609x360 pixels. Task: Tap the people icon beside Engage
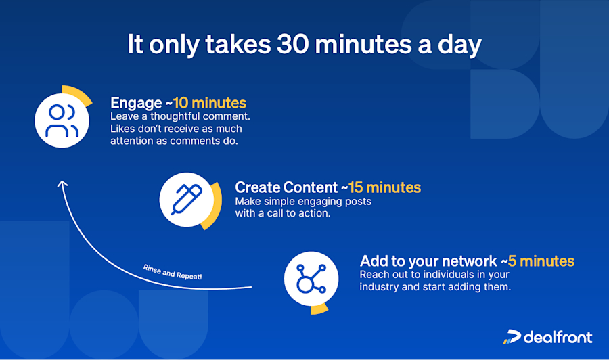coord(62,120)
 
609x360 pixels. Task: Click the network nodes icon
coord(311,279)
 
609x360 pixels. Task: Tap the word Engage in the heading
coord(135,104)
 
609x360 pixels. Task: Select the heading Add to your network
coord(428,261)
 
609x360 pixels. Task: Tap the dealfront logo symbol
coord(512,337)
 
